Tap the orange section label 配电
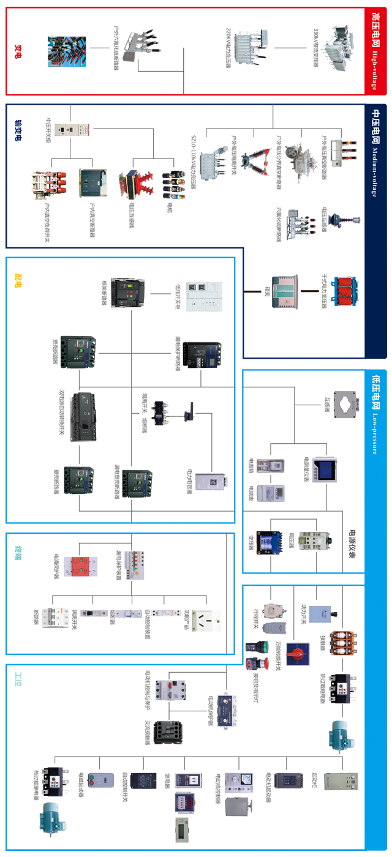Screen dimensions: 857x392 (18, 281)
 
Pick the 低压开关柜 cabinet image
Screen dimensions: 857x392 (203, 297)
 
